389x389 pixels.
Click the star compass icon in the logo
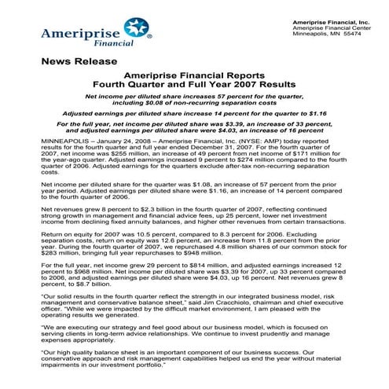click(x=138, y=30)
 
